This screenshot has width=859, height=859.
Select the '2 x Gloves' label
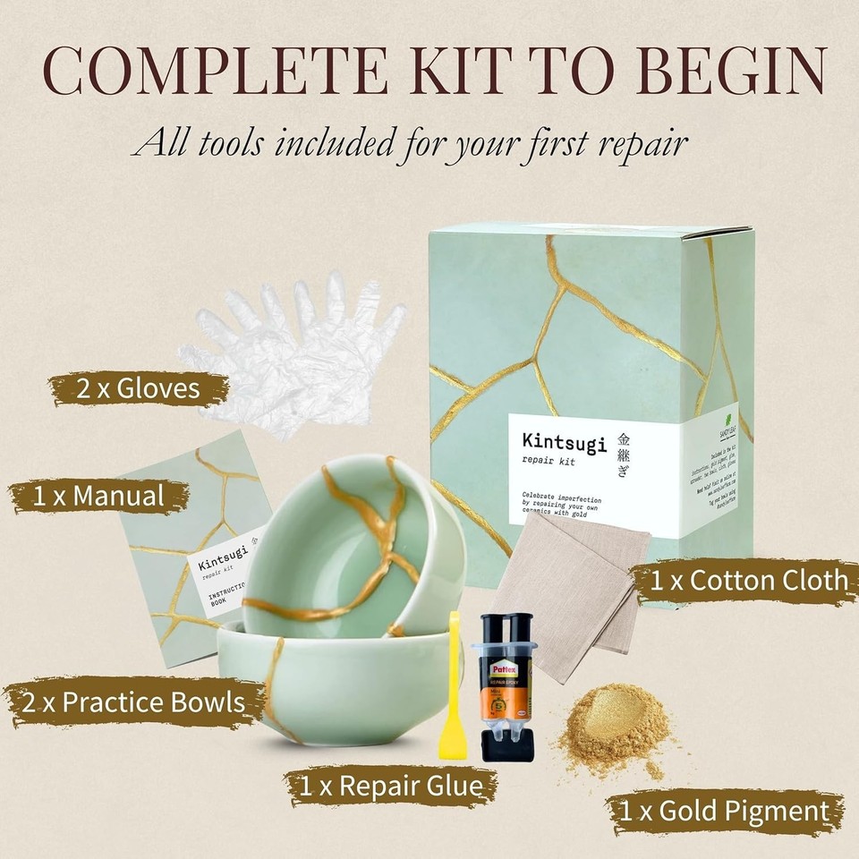[138, 389]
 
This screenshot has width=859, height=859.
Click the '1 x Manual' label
[98, 495]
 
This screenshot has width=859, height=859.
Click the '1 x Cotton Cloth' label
[747, 580]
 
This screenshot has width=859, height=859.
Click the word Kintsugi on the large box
[564, 442]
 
